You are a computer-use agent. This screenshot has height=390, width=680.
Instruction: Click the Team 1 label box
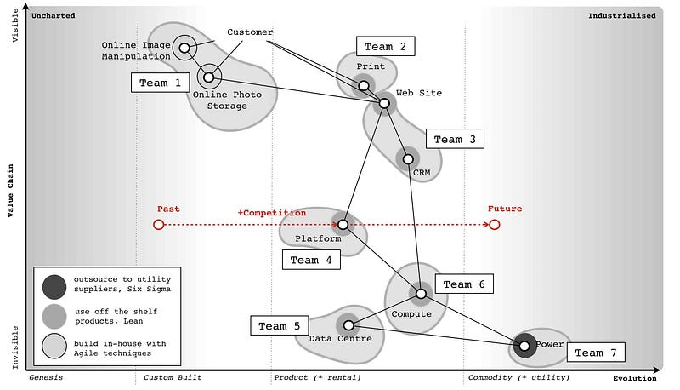click(160, 83)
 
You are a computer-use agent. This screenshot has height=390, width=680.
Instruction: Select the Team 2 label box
click(386, 46)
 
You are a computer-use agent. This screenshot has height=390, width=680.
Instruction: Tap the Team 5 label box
click(280, 325)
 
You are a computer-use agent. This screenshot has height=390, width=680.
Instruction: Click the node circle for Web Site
click(384, 103)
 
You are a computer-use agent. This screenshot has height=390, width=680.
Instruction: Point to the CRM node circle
click(408, 158)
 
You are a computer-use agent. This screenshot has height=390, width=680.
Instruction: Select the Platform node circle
click(343, 225)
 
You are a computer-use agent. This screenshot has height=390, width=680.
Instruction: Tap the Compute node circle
click(421, 294)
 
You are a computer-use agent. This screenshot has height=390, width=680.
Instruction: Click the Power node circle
click(524, 345)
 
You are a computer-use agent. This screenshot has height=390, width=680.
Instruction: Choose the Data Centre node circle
click(348, 325)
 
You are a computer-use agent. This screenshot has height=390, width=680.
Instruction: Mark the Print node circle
click(364, 84)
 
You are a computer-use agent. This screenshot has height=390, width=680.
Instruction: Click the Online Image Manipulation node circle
click(184, 48)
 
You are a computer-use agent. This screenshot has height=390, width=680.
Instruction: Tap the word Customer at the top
click(250, 32)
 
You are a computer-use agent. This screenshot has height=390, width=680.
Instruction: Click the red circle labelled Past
click(158, 225)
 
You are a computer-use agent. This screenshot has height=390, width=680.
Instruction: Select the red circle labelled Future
click(494, 225)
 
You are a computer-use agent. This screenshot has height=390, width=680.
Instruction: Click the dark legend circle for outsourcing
click(54, 284)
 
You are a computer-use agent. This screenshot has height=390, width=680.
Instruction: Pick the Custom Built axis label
click(173, 377)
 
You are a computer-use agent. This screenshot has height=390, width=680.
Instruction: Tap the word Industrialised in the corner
click(622, 15)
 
